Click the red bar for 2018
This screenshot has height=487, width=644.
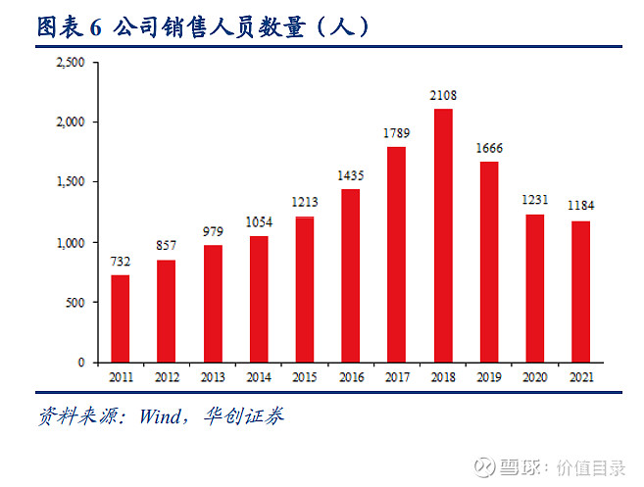(443, 235)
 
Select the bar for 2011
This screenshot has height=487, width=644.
(121, 318)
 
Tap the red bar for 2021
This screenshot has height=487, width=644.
(580, 292)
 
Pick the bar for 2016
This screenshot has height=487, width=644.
(351, 275)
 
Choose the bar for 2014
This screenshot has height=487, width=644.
(259, 299)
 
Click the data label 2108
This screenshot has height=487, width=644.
(443, 96)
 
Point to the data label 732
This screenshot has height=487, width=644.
(121, 262)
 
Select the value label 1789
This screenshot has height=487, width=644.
(397, 134)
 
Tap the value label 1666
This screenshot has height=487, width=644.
(489, 149)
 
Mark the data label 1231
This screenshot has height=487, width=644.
(534, 201)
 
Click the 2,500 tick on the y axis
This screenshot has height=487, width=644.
(73, 62)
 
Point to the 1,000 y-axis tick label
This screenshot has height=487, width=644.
(73, 242)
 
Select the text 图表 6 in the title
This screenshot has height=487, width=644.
(69, 27)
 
